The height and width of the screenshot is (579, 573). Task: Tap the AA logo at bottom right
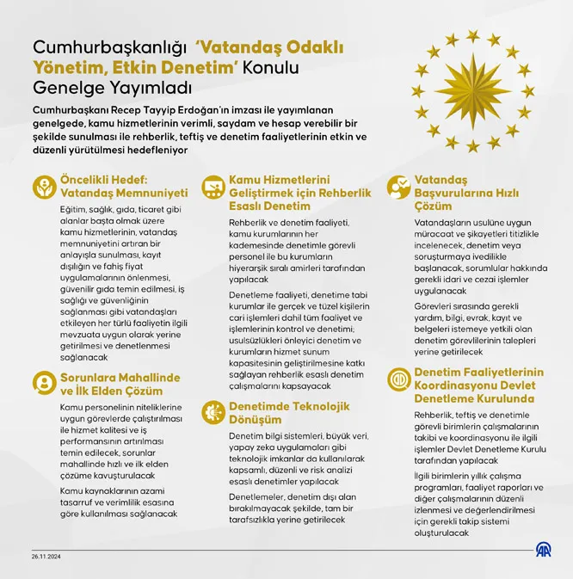coord(544,550)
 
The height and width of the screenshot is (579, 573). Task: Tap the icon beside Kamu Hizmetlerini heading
coord(213,187)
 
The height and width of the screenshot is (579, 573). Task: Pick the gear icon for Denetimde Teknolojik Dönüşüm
coord(213,412)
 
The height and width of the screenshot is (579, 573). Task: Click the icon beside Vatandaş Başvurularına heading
coord(398,187)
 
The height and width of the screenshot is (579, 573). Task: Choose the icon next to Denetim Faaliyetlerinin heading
coord(398,379)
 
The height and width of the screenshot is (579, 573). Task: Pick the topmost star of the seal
coord(472,35)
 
